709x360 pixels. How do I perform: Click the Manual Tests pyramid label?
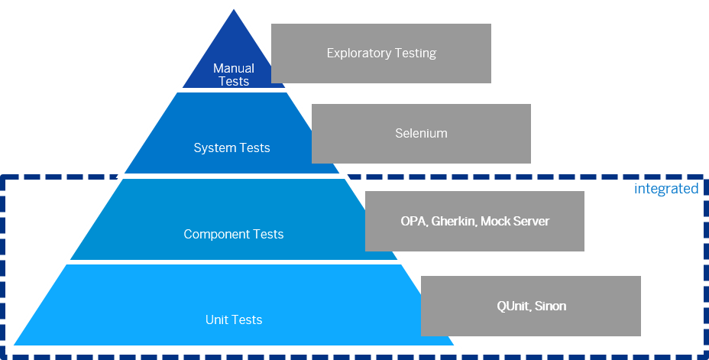point(234,75)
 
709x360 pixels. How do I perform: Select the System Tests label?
point(231,148)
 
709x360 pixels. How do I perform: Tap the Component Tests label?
point(233,234)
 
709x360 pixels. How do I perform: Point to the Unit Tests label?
point(234,319)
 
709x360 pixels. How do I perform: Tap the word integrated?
point(666,189)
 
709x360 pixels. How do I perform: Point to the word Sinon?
point(550,306)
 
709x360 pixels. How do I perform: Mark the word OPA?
point(413,222)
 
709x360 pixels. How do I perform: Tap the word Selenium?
point(421,133)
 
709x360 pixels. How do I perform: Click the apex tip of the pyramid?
point(234,5)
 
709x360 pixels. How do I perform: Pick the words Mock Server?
point(515,222)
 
